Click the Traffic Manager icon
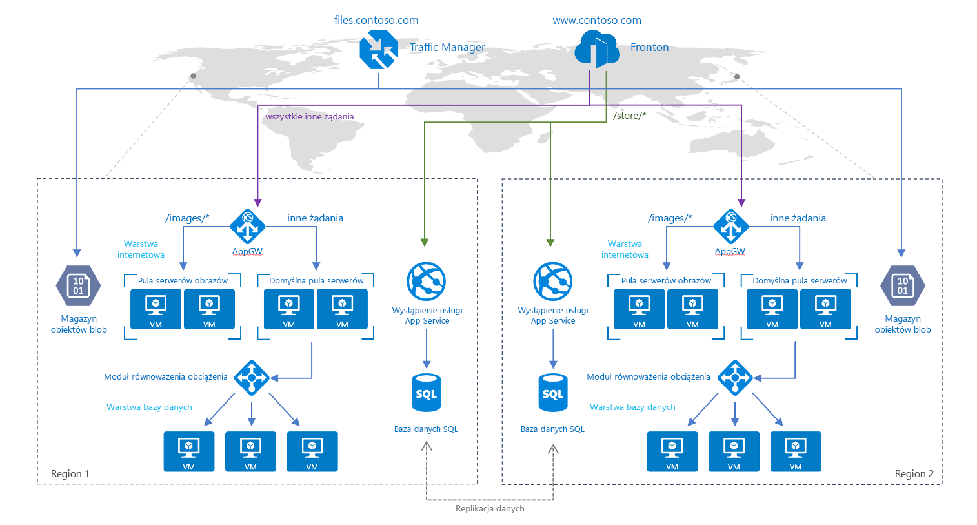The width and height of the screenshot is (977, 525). (x=378, y=50)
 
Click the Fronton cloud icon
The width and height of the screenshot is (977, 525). (x=597, y=50)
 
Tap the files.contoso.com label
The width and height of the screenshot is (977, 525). (x=376, y=20)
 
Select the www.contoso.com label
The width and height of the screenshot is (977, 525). (x=597, y=20)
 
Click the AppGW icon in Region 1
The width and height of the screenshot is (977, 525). (x=248, y=227)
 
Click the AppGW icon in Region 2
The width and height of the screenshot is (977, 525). (x=730, y=227)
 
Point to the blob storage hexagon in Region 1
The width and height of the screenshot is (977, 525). (x=78, y=285)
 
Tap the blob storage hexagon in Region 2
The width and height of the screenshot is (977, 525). (x=902, y=285)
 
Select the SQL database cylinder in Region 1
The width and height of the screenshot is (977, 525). (x=426, y=393)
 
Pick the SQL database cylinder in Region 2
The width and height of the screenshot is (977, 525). (x=553, y=393)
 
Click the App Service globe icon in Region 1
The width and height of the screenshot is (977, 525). (x=426, y=282)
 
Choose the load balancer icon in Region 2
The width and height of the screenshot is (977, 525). (x=734, y=377)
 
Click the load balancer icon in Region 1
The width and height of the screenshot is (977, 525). (x=252, y=377)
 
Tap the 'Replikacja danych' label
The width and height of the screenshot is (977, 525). (x=490, y=508)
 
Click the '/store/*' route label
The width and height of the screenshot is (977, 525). (x=629, y=116)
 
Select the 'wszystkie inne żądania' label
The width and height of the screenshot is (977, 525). (x=310, y=117)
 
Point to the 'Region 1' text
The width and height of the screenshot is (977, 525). (x=70, y=474)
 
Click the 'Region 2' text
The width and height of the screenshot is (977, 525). (x=914, y=474)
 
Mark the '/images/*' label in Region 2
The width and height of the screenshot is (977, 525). (x=670, y=218)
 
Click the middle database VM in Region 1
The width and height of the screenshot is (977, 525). (x=250, y=451)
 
